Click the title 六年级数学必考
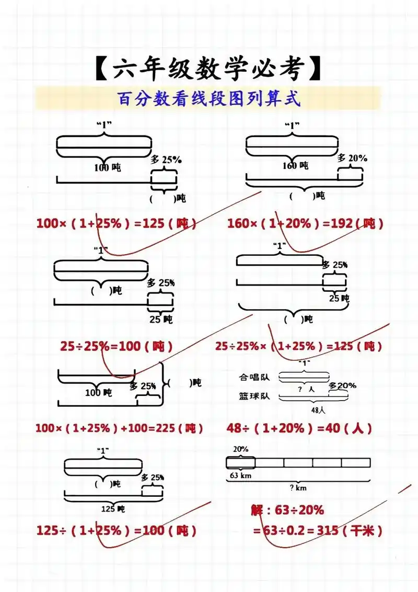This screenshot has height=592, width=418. (209, 70)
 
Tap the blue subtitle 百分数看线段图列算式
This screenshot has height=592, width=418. (209, 99)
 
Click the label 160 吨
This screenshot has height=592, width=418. (296, 166)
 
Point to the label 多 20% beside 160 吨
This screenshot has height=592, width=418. (352, 158)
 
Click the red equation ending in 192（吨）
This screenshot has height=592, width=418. (305, 224)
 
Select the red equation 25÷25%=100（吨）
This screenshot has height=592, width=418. (116, 346)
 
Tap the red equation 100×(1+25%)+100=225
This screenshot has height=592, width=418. (119, 428)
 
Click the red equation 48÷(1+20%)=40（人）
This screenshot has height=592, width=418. (299, 428)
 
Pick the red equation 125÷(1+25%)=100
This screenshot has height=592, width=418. (117, 530)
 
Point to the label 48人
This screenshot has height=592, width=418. (304, 411)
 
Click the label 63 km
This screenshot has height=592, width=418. (241, 475)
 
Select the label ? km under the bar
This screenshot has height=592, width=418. (298, 488)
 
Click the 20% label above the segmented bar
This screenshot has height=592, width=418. (240, 449)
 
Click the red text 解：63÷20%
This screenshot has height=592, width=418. (287, 510)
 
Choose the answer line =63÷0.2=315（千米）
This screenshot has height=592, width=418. (318, 531)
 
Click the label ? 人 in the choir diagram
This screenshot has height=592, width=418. (305, 389)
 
